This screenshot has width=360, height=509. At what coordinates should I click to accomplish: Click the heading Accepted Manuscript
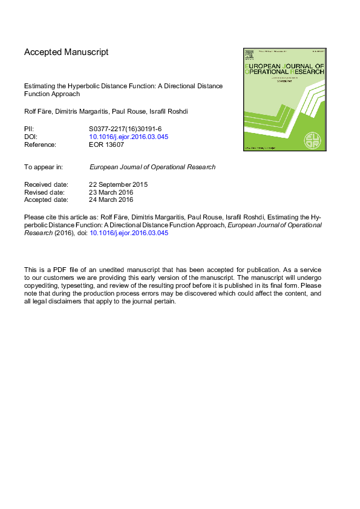click(67, 53)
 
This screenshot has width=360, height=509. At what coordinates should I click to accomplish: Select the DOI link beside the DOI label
click(128, 137)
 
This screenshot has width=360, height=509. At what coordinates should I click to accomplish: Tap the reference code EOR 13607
click(106, 144)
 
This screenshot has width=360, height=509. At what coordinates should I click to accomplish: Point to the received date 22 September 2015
click(119, 184)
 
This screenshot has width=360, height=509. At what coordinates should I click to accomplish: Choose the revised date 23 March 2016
click(111, 192)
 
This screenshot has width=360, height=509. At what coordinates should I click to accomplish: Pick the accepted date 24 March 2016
click(111, 199)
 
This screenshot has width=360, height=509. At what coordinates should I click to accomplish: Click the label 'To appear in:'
click(43, 167)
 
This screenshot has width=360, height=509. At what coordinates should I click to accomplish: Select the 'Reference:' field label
click(40, 144)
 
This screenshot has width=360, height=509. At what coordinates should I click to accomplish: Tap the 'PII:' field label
click(29, 129)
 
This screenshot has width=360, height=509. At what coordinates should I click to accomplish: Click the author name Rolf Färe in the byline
click(38, 111)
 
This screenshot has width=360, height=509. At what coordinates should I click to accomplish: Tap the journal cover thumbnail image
click(284, 99)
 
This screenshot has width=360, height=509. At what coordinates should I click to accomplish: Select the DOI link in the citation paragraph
click(129, 232)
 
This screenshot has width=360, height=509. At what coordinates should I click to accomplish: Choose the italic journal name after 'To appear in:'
click(152, 167)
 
